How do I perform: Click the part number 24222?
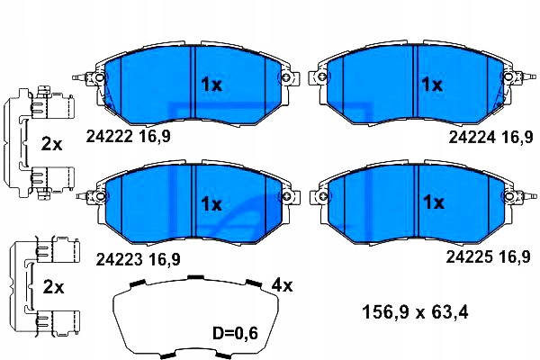[x=109, y=137]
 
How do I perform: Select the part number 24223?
[x=119, y=259]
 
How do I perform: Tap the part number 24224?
[x=472, y=138]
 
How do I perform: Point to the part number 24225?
[x=470, y=256]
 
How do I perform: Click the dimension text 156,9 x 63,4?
[x=415, y=313]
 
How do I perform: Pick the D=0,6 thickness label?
[x=235, y=333]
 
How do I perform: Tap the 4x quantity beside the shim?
[x=282, y=285]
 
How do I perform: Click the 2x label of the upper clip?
[x=51, y=144]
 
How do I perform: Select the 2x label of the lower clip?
[x=53, y=287]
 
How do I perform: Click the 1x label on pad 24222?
[x=211, y=85]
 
